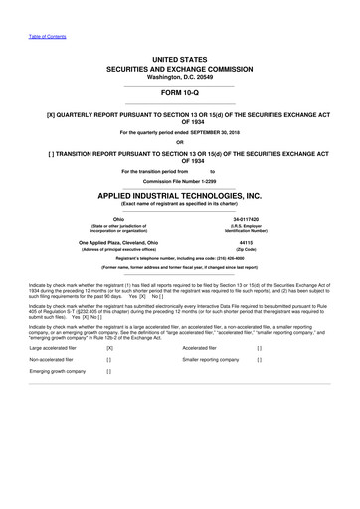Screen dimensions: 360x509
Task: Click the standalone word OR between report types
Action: [180, 140]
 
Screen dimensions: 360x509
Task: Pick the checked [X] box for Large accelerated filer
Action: [109, 348]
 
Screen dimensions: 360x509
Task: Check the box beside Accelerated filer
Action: [259, 348]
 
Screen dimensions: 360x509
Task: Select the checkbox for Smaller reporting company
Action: [259, 359]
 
